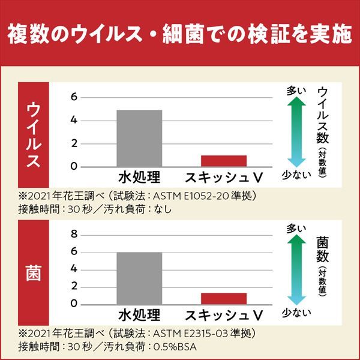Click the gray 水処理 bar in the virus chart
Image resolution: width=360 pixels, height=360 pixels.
click(139, 138)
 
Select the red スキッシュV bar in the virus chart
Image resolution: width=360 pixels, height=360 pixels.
click(224, 161)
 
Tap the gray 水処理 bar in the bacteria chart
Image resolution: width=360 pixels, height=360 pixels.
click(139, 278)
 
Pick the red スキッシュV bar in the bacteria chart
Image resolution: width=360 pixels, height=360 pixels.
click(224, 298)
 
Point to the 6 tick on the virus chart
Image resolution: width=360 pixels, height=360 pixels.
click(74, 97)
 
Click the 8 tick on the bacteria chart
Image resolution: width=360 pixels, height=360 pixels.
click(74, 234)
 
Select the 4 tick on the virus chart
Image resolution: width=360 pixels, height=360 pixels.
click(74, 120)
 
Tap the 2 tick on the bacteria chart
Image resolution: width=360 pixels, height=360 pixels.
click(74, 287)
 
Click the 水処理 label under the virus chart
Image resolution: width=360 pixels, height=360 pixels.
click(139, 178)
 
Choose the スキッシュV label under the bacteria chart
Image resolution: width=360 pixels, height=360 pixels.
click(224, 316)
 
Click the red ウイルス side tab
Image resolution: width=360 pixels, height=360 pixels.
click(35, 136)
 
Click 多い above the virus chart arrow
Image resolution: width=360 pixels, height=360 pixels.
click(296, 91)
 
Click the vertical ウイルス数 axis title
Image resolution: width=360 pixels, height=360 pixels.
click(323, 117)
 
